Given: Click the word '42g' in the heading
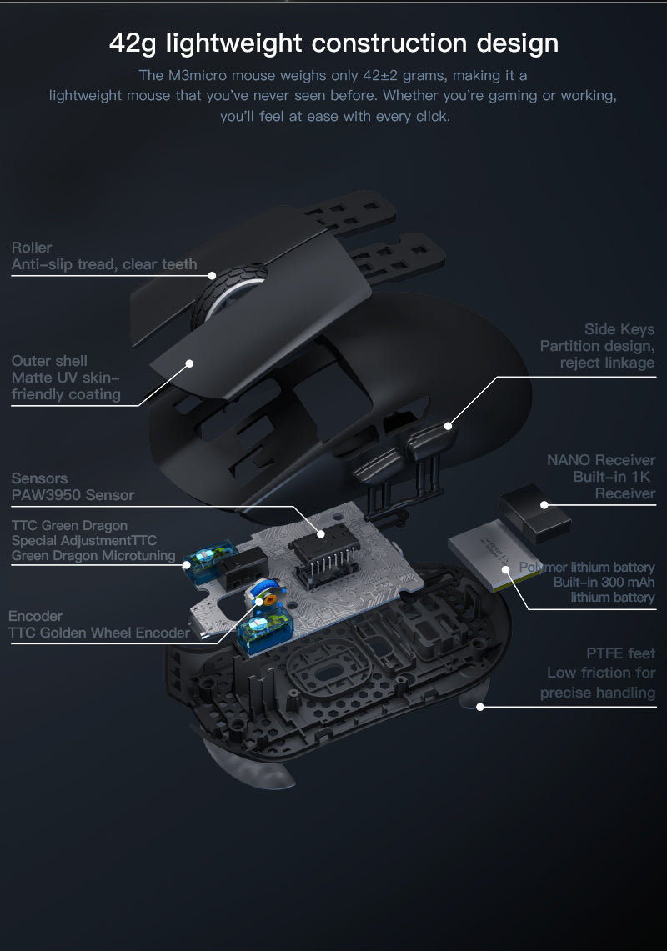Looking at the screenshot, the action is click(x=133, y=43).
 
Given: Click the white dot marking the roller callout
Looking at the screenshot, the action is click(x=212, y=275).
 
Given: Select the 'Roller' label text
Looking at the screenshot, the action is click(x=32, y=248).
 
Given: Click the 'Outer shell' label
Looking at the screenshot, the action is click(x=49, y=360).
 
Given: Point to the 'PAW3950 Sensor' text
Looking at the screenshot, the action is click(x=73, y=495).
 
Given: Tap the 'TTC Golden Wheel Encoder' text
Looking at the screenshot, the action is click(x=99, y=633).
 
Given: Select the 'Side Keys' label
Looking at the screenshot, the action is click(x=619, y=328).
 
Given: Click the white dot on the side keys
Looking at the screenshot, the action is click(x=448, y=426).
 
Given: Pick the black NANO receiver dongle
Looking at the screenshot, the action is click(x=534, y=513).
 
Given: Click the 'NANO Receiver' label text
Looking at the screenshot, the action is click(x=601, y=460).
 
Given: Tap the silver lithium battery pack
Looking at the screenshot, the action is click(x=493, y=556).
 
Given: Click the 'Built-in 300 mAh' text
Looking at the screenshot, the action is click(x=604, y=583).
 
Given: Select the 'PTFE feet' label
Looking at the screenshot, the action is click(x=621, y=653).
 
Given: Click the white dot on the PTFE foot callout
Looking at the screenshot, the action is click(x=480, y=707).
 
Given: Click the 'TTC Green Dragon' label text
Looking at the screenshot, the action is click(x=69, y=525).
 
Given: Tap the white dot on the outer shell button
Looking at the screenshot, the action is click(x=189, y=363).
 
